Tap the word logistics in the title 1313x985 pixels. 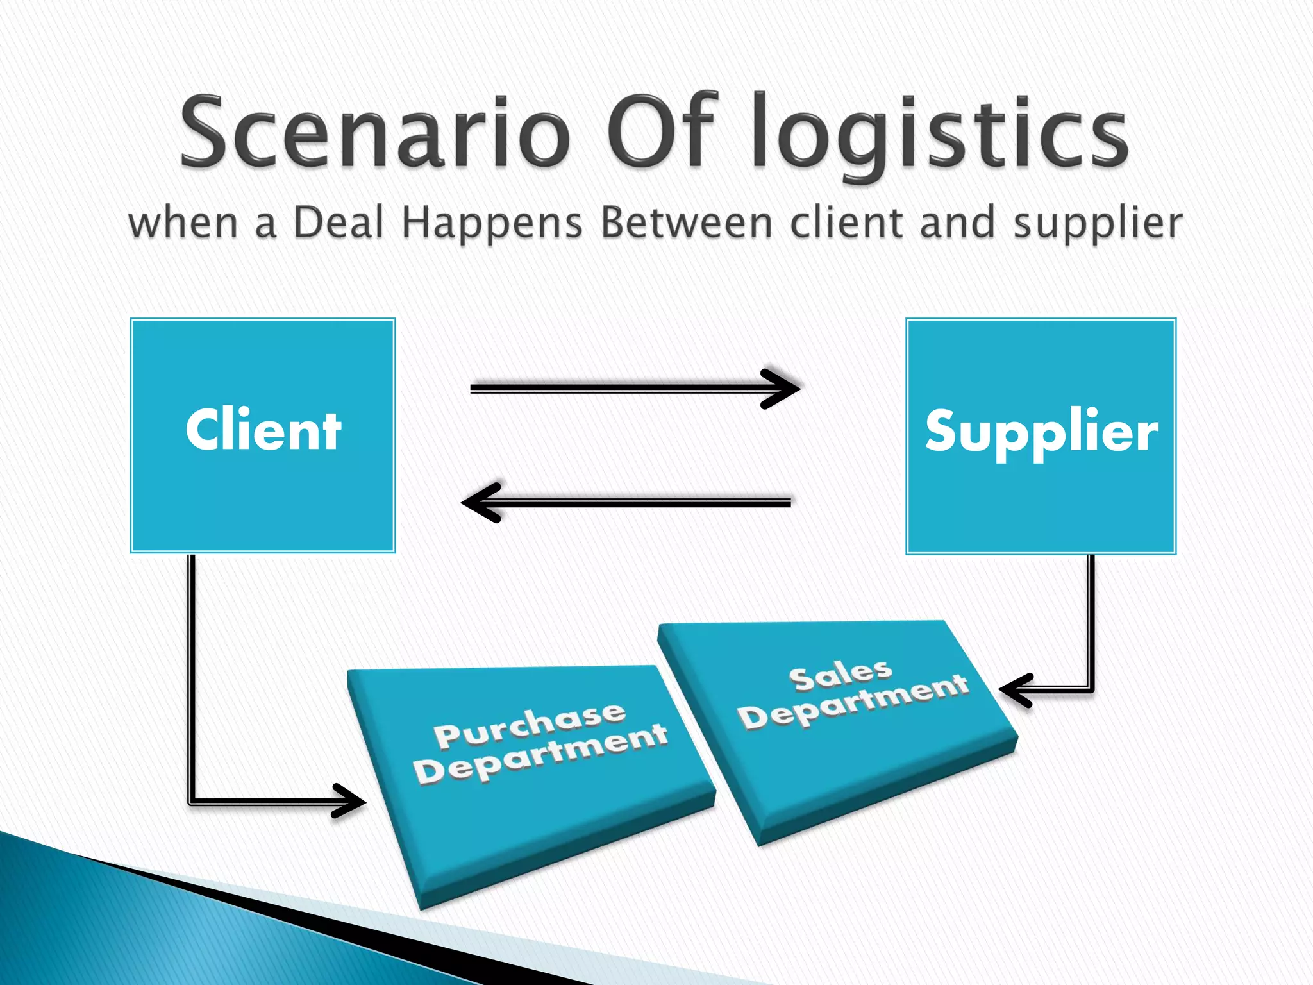(939, 135)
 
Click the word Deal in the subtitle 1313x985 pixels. (339, 223)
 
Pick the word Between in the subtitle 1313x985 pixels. (687, 223)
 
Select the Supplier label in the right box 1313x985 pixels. (1041, 432)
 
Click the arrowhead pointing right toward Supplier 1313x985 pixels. (782, 388)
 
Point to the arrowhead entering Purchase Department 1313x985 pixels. (349, 801)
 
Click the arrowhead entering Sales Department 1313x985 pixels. (1015, 690)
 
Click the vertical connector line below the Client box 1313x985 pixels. (191, 673)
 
